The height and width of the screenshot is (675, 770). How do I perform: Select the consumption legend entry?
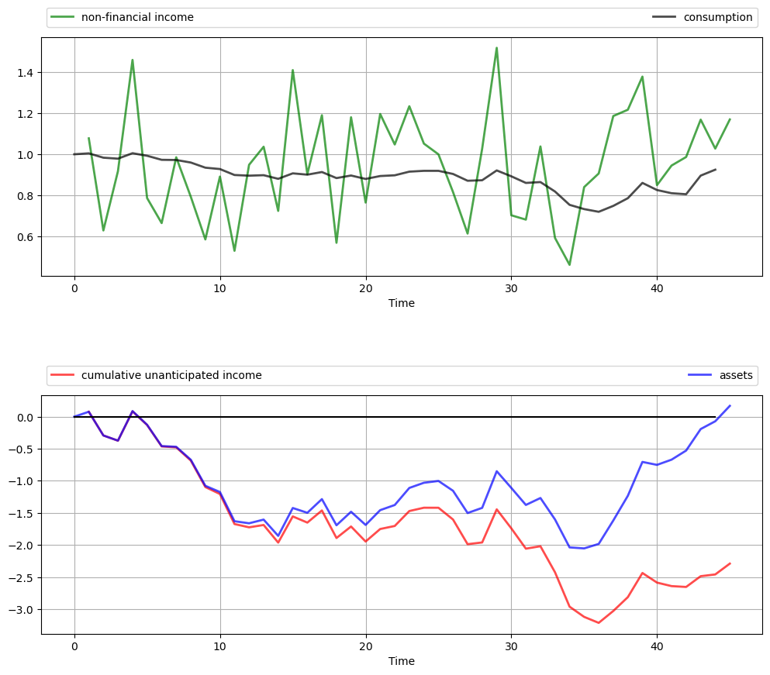click(717, 17)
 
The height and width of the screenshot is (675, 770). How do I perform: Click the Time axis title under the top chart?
click(402, 303)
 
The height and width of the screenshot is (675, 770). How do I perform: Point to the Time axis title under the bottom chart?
click(402, 661)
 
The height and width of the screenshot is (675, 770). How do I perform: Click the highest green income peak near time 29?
click(496, 48)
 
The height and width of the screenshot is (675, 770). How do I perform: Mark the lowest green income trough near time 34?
click(569, 265)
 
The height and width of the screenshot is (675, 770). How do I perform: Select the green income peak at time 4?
click(133, 60)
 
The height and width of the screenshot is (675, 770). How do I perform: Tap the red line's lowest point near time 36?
click(599, 623)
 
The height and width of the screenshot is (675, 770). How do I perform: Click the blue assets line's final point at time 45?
click(730, 405)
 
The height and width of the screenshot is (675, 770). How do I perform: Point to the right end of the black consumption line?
click(715, 169)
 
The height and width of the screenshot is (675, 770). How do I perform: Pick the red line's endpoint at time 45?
click(730, 563)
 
